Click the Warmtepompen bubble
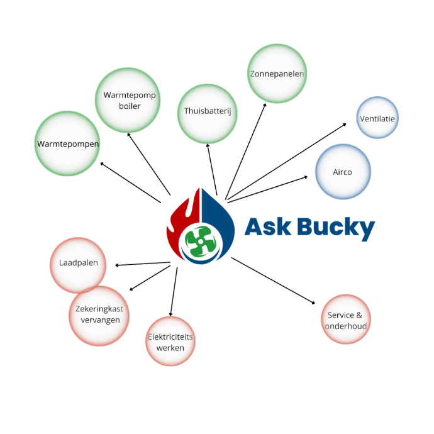pos(67,143)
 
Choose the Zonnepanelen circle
pos(277,74)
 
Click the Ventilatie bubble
pos(377,118)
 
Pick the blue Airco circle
pos(342,171)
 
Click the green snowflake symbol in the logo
pos(199,240)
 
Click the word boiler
pos(130,106)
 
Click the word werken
pos(170,347)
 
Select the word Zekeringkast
pos(99,309)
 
